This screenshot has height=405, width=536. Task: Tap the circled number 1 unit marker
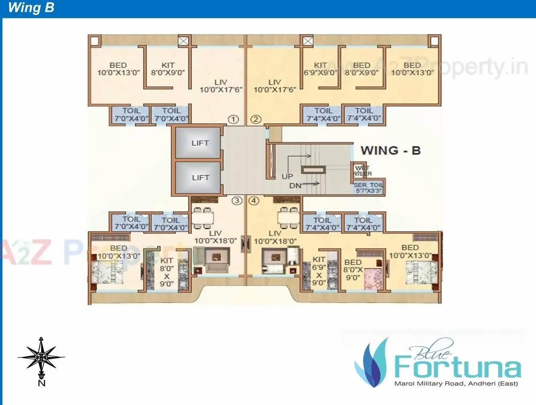coord(233,119)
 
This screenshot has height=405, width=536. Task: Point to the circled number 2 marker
coord(255,119)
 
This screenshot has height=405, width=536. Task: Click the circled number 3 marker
coord(237,200)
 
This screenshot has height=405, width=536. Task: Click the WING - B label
coord(390,150)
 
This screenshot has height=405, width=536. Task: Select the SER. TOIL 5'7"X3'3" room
coord(369,187)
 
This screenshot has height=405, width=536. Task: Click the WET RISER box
coord(362,170)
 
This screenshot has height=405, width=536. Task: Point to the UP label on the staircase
coord(288,176)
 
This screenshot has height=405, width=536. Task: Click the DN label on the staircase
coord(296,185)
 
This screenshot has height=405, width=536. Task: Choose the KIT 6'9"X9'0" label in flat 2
coord(320,69)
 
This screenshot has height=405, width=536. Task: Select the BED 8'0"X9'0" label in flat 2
coord(362,69)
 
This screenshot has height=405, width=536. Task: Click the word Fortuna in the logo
coord(457,366)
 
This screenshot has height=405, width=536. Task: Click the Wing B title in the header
coord(31,8)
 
